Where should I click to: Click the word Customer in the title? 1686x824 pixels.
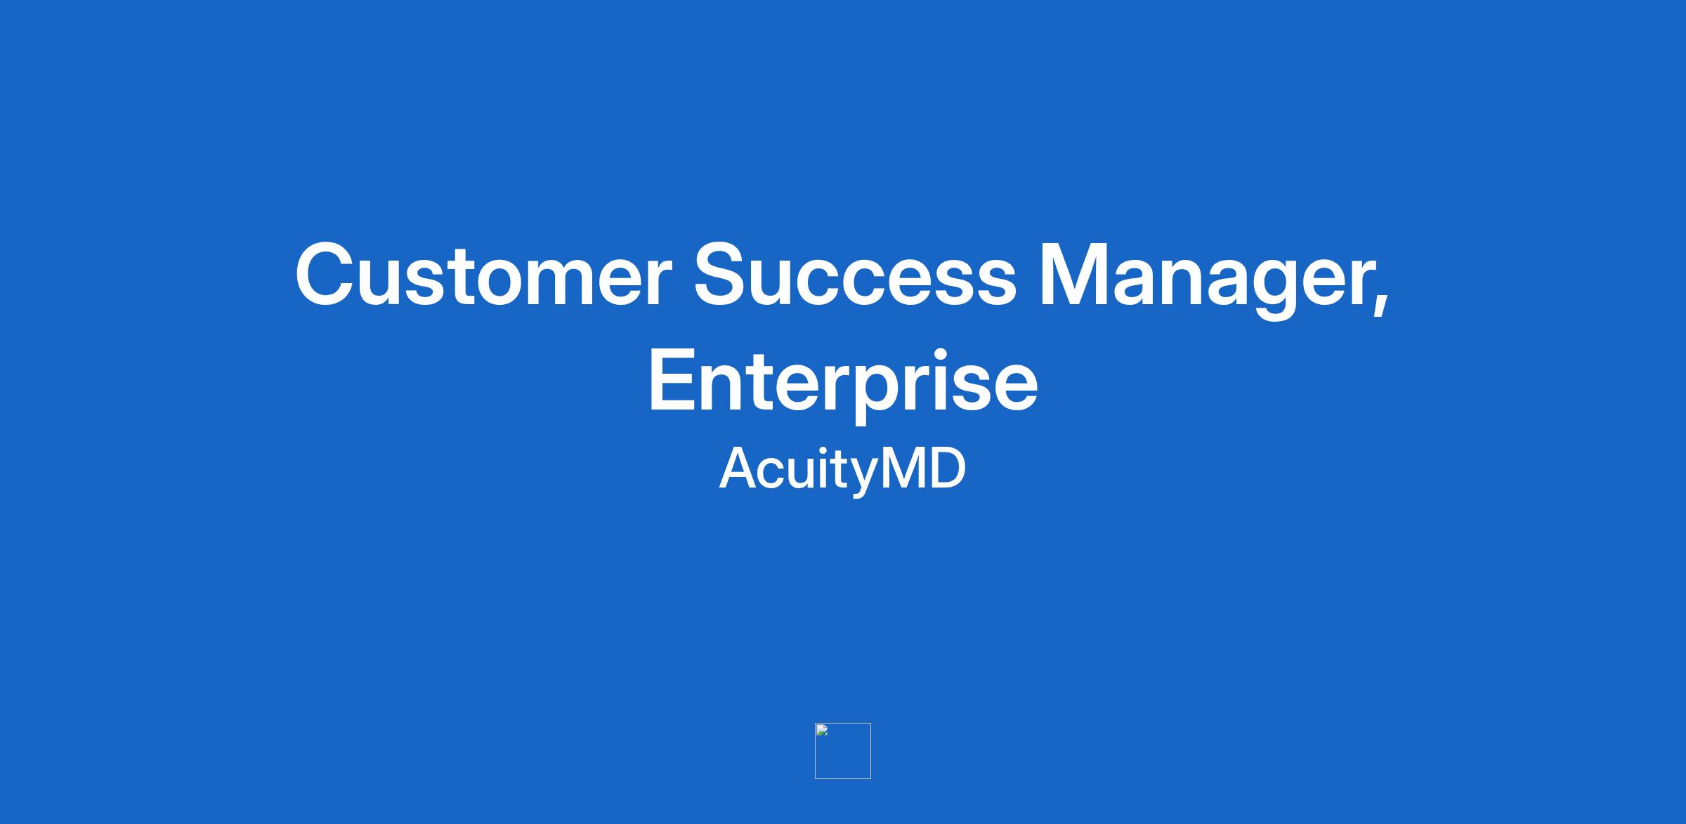pos(483,275)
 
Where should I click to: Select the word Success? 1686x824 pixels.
pos(855,275)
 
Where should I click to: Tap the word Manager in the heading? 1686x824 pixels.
pos(1203,281)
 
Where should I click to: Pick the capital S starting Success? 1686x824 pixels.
pos(723,275)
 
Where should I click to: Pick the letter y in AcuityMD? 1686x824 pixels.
pos(863,478)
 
